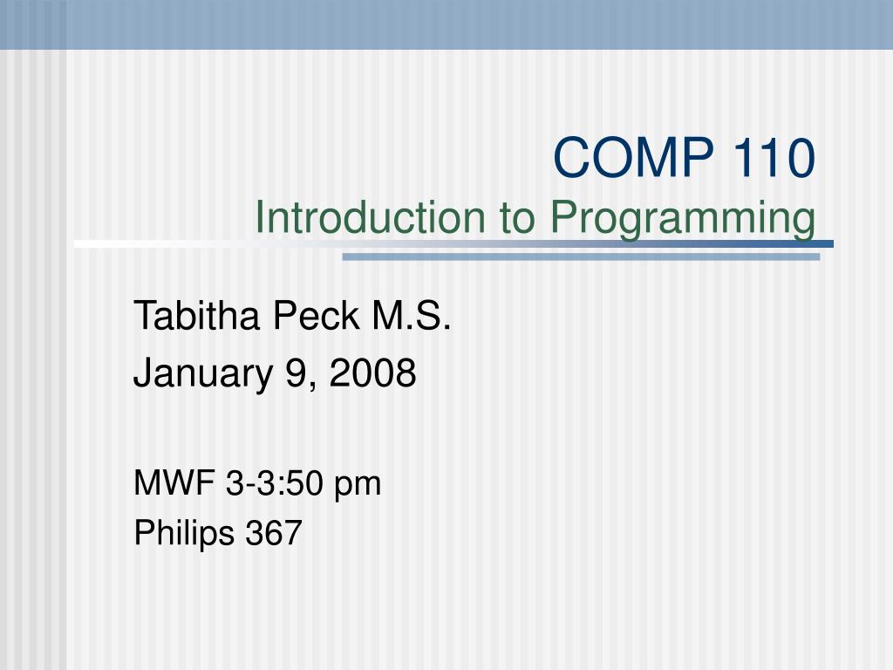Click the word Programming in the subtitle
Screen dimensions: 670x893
(x=685, y=219)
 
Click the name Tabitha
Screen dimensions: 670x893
(x=196, y=316)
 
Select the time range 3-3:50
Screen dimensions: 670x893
(x=273, y=482)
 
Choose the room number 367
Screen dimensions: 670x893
(x=274, y=531)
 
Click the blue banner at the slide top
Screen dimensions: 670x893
(x=446, y=24)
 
